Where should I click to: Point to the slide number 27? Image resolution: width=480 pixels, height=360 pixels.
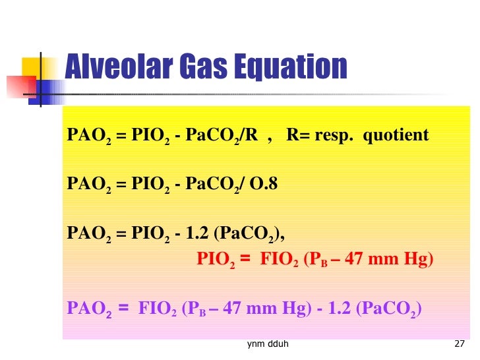click(x=460, y=344)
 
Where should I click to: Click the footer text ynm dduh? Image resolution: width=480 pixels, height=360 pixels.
click(x=267, y=344)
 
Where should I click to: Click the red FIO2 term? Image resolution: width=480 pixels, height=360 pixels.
click(x=280, y=260)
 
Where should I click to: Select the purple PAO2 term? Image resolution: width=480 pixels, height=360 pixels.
click(x=88, y=308)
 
